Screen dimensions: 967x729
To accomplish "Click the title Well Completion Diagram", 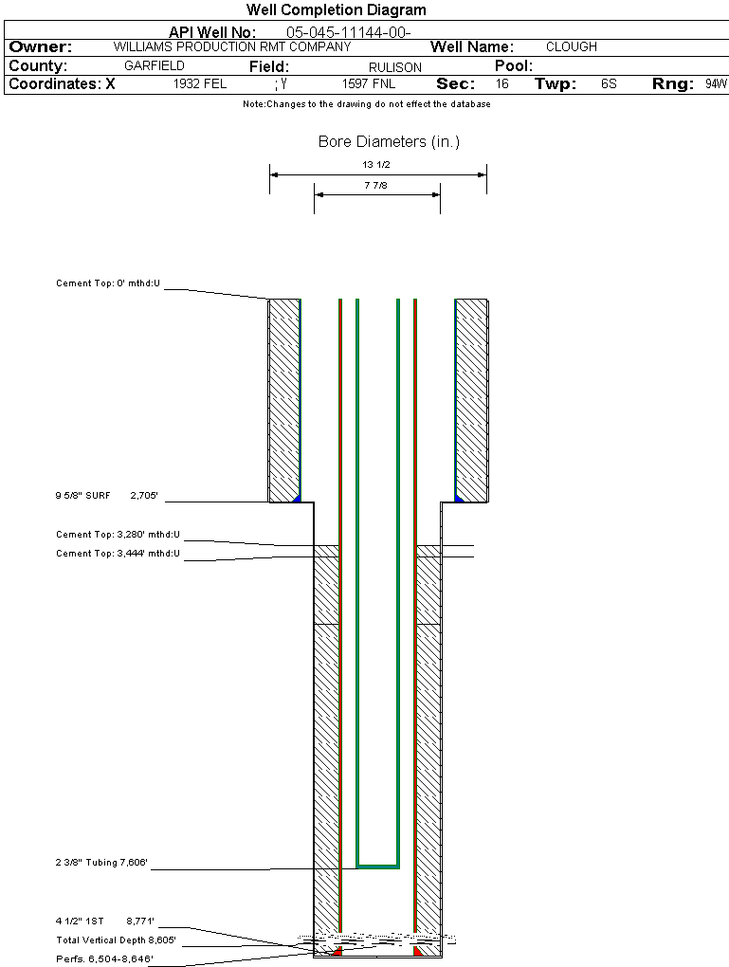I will (336, 10).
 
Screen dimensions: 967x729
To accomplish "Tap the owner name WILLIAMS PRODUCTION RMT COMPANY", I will (231, 46).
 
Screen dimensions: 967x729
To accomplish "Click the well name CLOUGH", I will (572, 46).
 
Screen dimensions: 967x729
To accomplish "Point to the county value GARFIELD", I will (155, 66).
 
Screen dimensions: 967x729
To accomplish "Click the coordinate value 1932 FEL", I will (200, 84).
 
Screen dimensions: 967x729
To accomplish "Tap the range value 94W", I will (716, 84).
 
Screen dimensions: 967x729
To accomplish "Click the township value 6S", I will (609, 84).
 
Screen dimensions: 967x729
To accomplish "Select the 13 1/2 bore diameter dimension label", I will (376, 164).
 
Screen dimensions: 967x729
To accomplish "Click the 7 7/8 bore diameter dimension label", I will (376, 186).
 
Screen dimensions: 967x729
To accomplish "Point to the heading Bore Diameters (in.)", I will (389, 142).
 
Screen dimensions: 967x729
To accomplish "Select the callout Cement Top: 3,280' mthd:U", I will (118, 535).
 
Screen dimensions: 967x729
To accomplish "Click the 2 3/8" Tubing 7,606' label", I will (101, 863).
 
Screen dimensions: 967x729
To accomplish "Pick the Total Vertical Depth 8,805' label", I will (116, 940).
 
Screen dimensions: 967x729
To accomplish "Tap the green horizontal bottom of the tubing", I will (377, 866).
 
